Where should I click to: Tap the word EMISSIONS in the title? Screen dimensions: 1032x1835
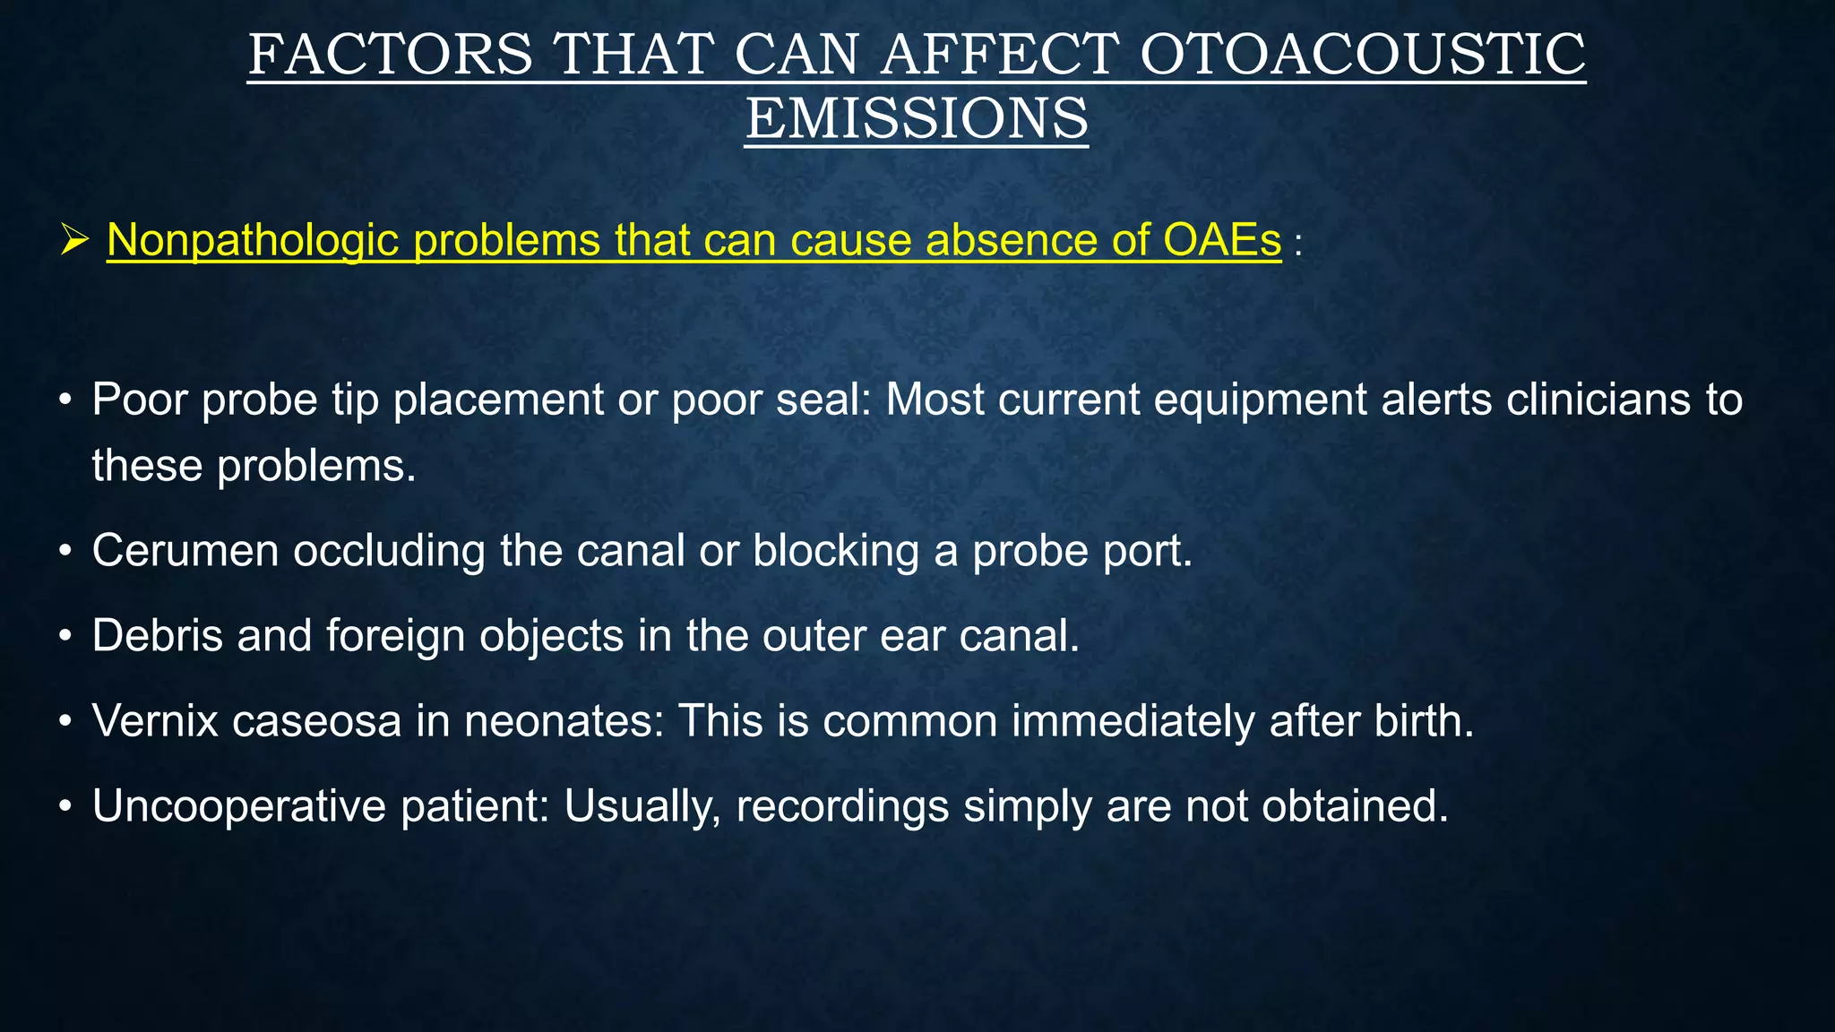coord(917,118)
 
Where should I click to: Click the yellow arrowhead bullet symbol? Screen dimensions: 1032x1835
coord(74,240)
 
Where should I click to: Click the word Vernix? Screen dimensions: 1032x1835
coord(155,720)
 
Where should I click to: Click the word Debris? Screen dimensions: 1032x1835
coord(157,635)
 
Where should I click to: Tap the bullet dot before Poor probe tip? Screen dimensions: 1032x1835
coord(65,400)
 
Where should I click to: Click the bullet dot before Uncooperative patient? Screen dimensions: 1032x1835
coord(65,806)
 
